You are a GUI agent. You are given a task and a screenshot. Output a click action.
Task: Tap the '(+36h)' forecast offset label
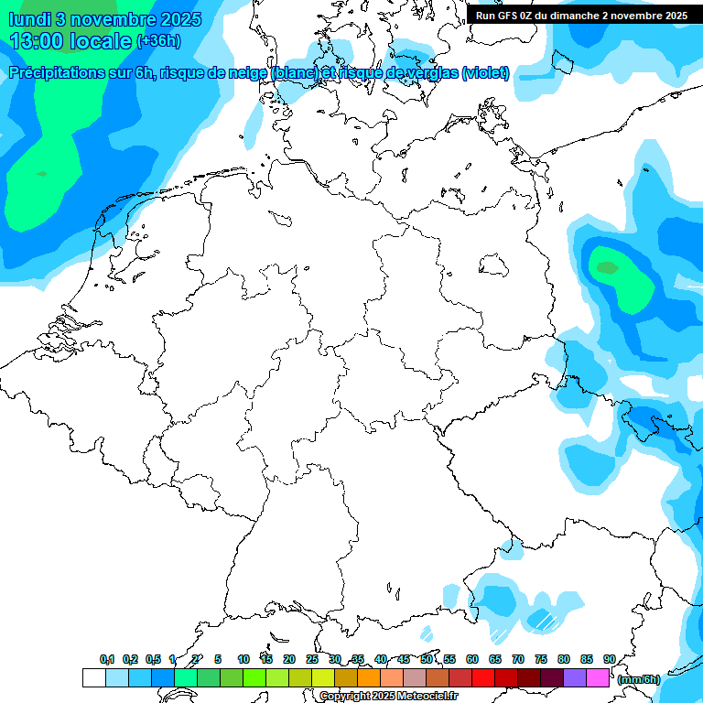[x=158, y=41]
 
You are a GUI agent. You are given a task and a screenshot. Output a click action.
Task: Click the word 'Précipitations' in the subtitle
[x=55, y=73]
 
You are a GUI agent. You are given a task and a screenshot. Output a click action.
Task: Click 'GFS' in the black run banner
[x=511, y=16]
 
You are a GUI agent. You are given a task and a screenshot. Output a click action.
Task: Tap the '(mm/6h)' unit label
[x=638, y=679]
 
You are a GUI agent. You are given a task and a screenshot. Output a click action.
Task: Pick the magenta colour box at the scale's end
[x=598, y=677]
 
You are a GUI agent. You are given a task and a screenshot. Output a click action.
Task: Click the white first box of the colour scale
[x=94, y=677]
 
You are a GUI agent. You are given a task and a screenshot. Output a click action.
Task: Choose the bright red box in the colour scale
[x=483, y=677]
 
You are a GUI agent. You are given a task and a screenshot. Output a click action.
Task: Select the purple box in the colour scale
[x=575, y=677]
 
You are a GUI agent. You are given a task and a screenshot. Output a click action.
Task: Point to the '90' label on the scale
[x=609, y=659]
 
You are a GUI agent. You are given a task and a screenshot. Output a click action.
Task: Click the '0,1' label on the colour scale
[x=107, y=659]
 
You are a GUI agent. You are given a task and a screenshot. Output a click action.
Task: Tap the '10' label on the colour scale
[x=243, y=659]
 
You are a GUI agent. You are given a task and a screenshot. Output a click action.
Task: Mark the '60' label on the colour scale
[x=472, y=659]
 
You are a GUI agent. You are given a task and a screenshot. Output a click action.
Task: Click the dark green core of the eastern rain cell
[x=607, y=267]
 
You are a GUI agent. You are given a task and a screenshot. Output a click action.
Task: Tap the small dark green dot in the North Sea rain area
[x=41, y=173]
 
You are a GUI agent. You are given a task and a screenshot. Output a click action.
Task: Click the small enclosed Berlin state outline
[x=494, y=266]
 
